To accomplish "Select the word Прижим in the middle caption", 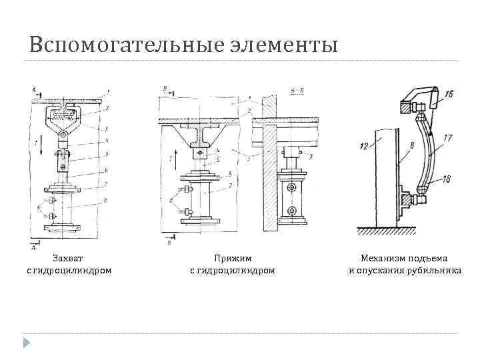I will point(232,257).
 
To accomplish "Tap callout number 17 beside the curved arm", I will point(447,138).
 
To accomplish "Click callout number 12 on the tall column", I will point(363,145).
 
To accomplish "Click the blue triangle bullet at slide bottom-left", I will point(27,343).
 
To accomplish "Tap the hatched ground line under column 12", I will point(387,231).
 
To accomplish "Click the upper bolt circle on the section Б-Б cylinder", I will point(292,189).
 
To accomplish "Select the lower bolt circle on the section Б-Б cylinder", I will point(292,211).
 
